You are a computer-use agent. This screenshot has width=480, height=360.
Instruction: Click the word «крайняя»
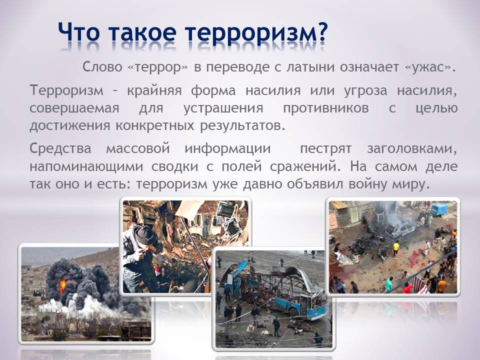(154, 91)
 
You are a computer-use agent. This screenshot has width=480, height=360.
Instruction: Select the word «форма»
(213, 91)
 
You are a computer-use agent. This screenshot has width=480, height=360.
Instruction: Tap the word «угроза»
(365, 91)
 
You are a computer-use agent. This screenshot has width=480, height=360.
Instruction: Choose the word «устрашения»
(223, 108)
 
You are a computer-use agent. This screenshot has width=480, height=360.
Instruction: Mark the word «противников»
(325, 108)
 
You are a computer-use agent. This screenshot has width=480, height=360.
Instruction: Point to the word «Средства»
(60, 149)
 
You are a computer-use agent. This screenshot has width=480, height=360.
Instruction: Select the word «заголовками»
(412, 149)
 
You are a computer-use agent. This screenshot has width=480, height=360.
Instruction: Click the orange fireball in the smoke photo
(62, 286)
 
